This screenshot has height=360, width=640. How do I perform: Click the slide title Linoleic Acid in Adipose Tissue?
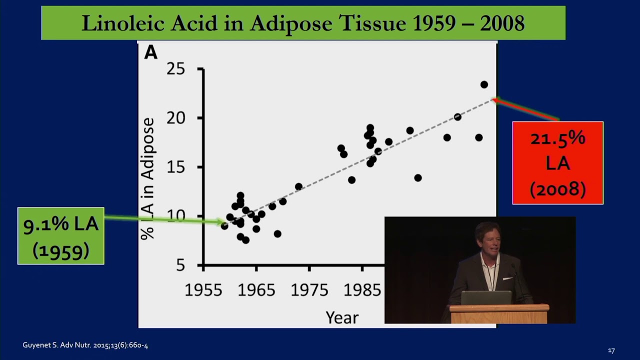303,23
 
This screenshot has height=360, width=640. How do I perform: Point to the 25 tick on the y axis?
176,69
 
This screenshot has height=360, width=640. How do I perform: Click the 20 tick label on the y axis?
176,118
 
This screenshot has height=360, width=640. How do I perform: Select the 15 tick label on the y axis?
176,167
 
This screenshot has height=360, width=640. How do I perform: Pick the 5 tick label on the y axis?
180,265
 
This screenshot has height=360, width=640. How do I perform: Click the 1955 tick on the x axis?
204,290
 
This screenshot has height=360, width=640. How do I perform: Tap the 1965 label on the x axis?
256,290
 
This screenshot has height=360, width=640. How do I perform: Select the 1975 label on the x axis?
309,290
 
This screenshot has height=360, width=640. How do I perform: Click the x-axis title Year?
342,317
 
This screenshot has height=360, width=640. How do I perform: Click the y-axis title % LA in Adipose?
148,178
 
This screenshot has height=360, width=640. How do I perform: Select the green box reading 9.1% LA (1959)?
61,236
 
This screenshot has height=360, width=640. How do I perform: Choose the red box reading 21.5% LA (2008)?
557,163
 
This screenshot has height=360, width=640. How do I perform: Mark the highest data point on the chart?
484,84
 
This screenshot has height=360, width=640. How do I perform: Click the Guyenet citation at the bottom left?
85,345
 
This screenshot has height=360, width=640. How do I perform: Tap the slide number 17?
611,350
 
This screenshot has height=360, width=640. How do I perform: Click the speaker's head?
488,238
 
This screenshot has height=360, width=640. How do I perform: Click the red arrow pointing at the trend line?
525,109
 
